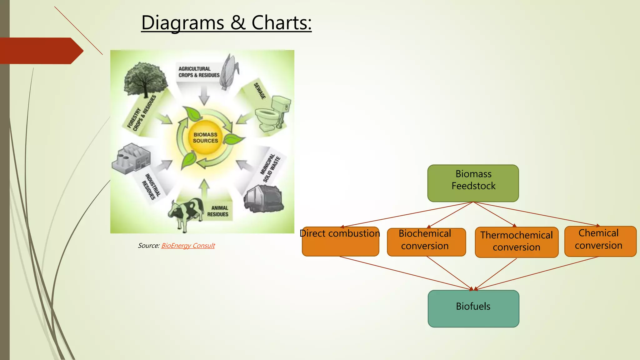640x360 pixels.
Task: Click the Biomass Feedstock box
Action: [x=473, y=183]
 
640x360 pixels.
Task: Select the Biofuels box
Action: [x=473, y=308]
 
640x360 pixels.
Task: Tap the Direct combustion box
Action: [x=340, y=241]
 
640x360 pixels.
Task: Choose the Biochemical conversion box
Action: [x=426, y=242]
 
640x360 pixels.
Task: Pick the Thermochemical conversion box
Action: [x=516, y=242]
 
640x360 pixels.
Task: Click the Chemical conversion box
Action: [x=600, y=241]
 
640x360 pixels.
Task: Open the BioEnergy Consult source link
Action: [x=188, y=246]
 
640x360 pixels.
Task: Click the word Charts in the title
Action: [x=281, y=23]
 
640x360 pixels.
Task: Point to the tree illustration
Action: [x=145, y=78]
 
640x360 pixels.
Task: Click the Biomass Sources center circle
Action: [x=205, y=138]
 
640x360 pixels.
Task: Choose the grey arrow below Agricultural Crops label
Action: [x=204, y=95]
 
